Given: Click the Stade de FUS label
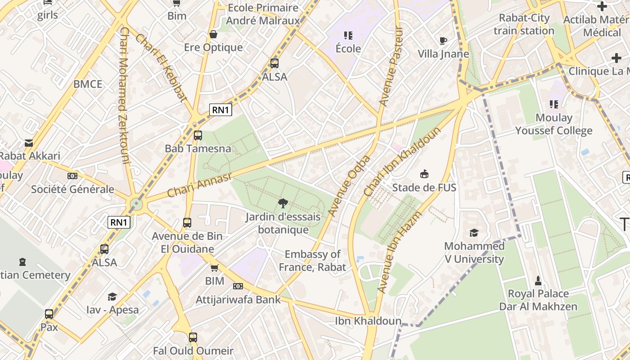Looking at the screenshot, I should (424, 188).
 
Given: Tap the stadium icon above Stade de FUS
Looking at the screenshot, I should (424, 174).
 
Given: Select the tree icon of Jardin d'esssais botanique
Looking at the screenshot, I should (283, 203).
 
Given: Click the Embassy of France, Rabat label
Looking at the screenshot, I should (312, 261).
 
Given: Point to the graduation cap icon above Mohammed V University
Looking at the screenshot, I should (474, 233).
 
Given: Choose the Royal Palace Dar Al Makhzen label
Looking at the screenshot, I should (538, 300).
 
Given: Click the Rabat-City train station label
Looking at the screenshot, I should (524, 24).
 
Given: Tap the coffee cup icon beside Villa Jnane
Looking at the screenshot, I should (443, 40).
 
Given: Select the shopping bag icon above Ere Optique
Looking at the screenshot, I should (213, 34).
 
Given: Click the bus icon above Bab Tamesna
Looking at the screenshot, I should (198, 135).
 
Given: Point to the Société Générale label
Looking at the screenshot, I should (72, 189).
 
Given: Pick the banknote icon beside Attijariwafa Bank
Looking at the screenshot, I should (238, 286).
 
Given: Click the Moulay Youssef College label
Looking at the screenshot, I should (553, 124).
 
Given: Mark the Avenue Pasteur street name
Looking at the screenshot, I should (391, 67).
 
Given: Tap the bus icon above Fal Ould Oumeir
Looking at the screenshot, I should (193, 337).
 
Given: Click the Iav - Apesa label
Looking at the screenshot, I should (112, 310).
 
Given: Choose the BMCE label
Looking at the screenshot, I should (88, 84).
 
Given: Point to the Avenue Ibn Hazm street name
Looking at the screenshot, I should (400, 252).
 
